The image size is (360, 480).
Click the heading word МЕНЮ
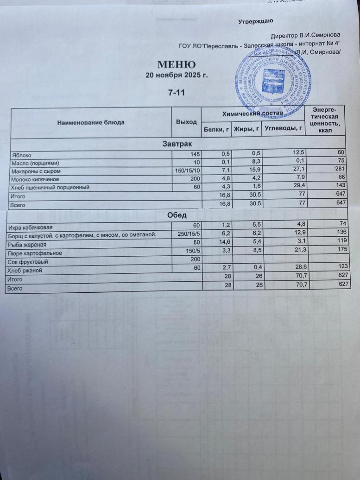pyautogui.click(x=176, y=64)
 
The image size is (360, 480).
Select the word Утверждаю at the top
pyautogui.click(x=255, y=21)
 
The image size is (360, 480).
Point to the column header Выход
pyautogui.click(x=186, y=121)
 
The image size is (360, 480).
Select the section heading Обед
pyautogui.click(x=177, y=215)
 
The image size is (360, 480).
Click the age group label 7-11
pyautogui.click(x=176, y=93)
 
